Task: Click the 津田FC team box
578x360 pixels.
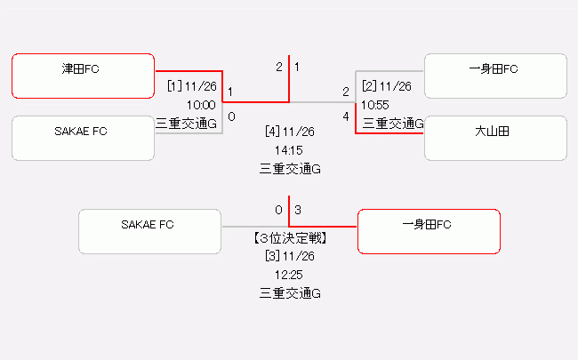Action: (x=84, y=76)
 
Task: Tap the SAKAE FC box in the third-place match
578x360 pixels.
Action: (x=149, y=231)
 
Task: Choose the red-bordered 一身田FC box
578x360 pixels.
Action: (x=428, y=231)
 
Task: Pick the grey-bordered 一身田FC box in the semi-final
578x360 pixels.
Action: (x=495, y=76)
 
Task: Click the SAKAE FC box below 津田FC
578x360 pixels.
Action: (x=84, y=139)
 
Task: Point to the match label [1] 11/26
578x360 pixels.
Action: (x=192, y=86)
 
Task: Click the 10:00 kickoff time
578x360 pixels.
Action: (x=201, y=105)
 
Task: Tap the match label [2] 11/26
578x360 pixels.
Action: (x=386, y=86)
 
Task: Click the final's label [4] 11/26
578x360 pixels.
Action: (x=290, y=132)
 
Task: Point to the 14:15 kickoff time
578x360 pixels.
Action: (x=290, y=150)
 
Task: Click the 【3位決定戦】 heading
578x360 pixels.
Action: (x=290, y=237)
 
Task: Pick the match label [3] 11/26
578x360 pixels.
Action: (x=290, y=256)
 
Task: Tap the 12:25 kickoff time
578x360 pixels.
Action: (x=290, y=275)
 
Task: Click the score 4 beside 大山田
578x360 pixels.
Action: (x=346, y=116)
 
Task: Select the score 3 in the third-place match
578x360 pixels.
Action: (x=298, y=210)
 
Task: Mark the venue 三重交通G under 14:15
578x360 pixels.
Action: (x=290, y=168)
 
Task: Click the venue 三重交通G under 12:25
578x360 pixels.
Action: (x=290, y=292)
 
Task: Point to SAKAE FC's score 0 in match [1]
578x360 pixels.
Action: (x=231, y=116)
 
